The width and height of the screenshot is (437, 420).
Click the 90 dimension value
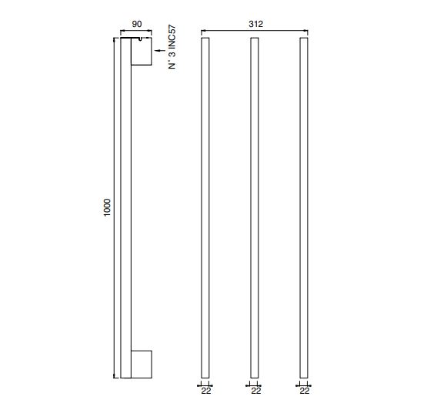(137, 24)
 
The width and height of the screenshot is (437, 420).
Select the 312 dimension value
(256, 24)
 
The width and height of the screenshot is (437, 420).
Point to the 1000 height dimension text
(107, 207)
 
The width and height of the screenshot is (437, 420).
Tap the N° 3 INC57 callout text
(172, 47)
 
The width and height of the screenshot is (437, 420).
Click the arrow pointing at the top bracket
(160, 51)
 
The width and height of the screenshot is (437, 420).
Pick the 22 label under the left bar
(206, 391)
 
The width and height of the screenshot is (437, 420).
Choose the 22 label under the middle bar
(256, 391)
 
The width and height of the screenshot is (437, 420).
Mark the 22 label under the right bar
(305, 391)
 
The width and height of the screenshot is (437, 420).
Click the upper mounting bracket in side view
(142, 52)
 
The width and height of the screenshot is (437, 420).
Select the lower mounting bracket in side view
(142, 365)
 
